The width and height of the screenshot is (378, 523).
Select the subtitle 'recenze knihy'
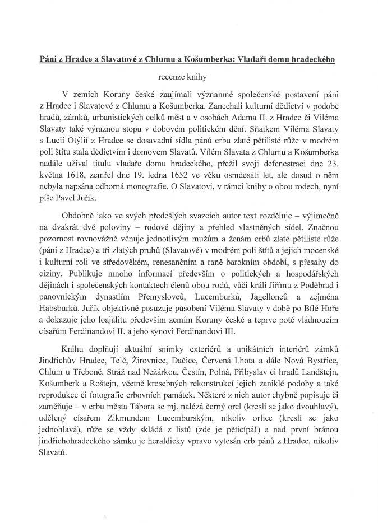(x=188, y=76)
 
